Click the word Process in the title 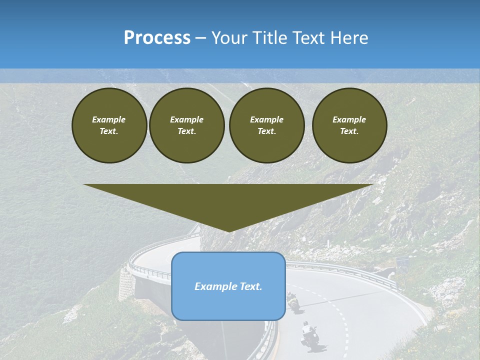tap(157, 38)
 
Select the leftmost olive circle tap(109, 125)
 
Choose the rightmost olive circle tap(349, 125)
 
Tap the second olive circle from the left tap(186, 125)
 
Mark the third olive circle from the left tap(266, 125)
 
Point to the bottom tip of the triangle tap(228, 230)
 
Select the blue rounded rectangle tap(228, 286)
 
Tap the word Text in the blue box tap(251, 286)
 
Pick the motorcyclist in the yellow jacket tap(293, 301)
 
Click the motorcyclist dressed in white tap(309, 335)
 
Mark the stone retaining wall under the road tap(126, 285)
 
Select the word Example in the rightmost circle tap(349, 119)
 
